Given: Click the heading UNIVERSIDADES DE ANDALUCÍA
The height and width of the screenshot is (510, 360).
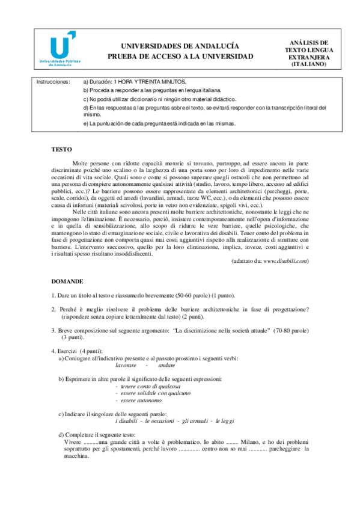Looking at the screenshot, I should (180, 46).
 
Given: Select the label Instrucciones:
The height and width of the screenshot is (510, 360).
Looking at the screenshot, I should (53, 81).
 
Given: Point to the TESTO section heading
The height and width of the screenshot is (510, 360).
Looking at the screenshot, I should (61, 148).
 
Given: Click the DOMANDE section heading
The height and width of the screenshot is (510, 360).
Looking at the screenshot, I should (67, 281).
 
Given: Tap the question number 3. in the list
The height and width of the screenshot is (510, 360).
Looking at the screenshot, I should (53, 331).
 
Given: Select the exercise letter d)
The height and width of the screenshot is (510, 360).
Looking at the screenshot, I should (62, 434).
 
